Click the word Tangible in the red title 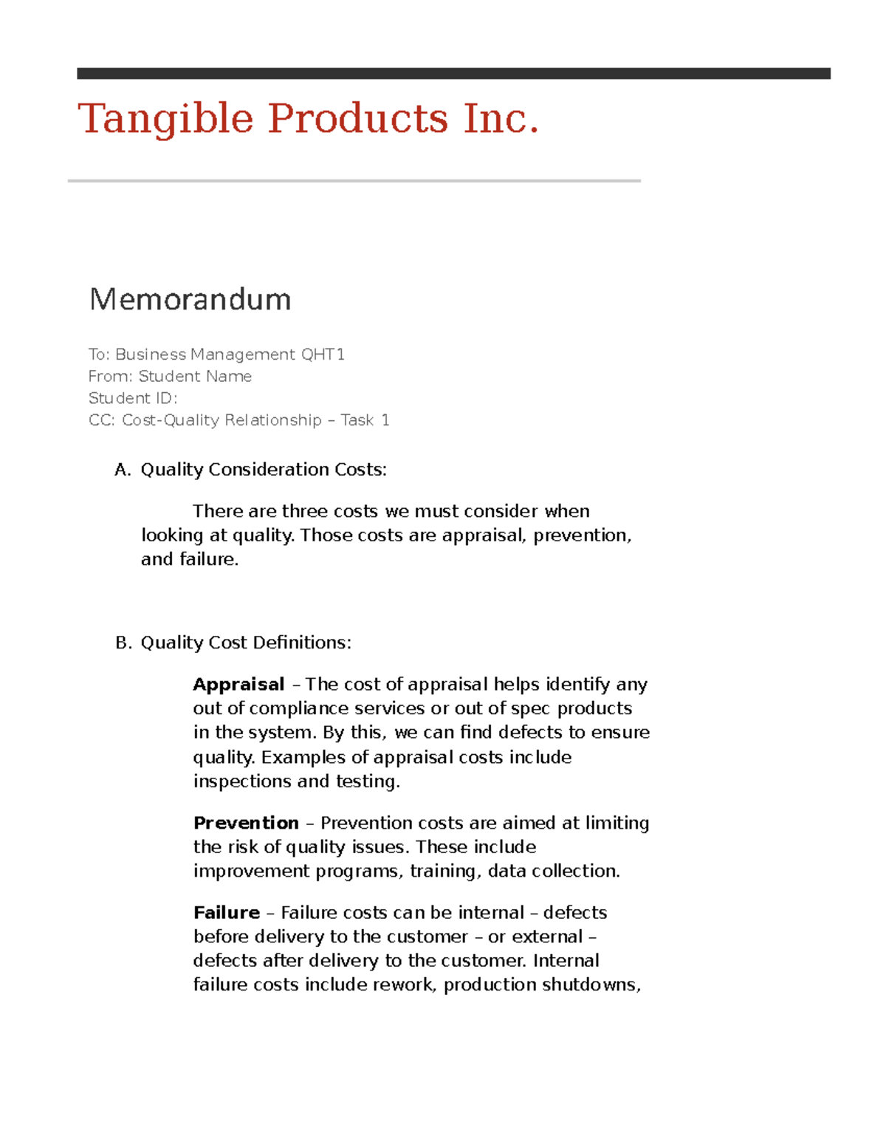(x=166, y=119)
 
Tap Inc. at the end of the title (x=501, y=119)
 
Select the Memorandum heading (x=190, y=299)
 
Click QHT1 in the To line (x=323, y=355)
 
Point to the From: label (x=111, y=377)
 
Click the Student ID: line (x=133, y=398)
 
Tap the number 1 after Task (x=385, y=420)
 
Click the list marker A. (x=123, y=470)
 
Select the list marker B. (x=123, y=643)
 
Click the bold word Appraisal (x=238, y=685)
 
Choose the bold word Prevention (x=246, y=823)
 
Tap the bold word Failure (x=227, y=913)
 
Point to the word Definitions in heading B (x=302, y=643)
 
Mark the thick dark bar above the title (x=453, y=73)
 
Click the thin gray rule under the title (x=354, y=181)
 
